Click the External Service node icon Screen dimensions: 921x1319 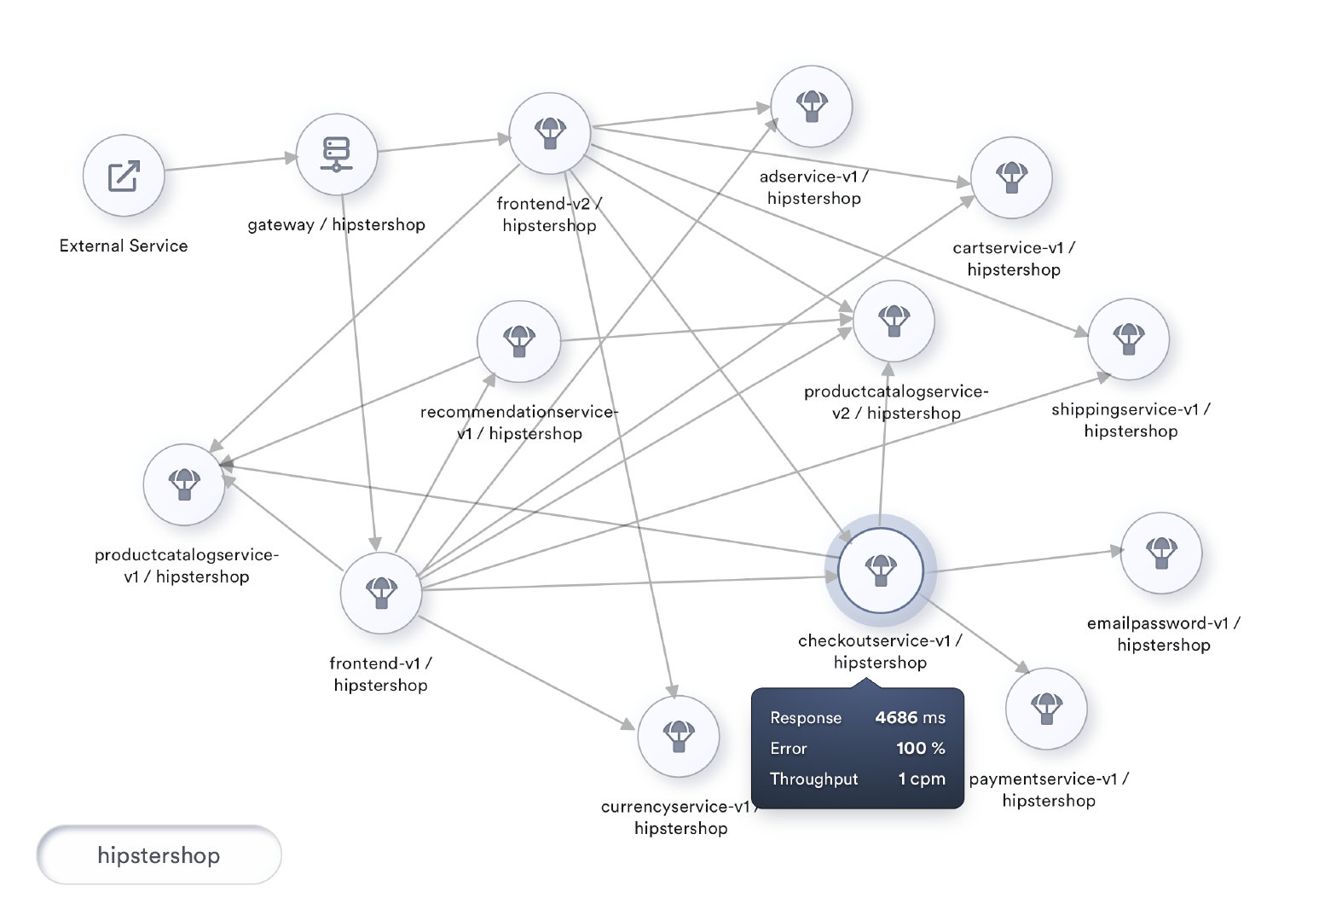pyautogui.click(x=124, y=176)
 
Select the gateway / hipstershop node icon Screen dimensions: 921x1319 pyautogui.click(x=336, y=154)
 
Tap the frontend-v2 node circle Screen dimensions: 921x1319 pyautogui.click(x=550, y=134)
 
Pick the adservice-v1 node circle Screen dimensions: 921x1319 pyautogui.click(x=811, y=107)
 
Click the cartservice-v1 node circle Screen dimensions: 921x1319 pyautogui.click(x=1011, y=177)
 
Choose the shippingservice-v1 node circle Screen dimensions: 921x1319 pyautogui.click(x=1128, y=339)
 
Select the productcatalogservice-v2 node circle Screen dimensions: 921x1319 pyautogui.click(x=894, y=321)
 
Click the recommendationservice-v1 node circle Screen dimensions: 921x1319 pyautogui.click(x=518, y=341)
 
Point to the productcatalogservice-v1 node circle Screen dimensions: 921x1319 pyautogui.click(x=184, y=484)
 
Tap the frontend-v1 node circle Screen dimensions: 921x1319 pyautogui.click(x=381, y=593)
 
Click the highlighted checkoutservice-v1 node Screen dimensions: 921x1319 pyautogui.click(x=880, y=570)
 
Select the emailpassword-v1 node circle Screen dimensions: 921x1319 pyautogui.click(x=1160, y=553)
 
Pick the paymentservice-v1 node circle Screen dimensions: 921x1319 pyautogui.click(x=1046, y=709)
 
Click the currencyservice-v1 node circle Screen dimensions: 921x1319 pyautogui.click(x=679, y=736)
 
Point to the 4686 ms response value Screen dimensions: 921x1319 pyautogui.click(x=910, y=718)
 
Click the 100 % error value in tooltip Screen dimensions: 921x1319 pyautogui.click(x=920, y=749)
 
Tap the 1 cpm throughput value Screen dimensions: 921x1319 pyautogui.click(x=922, y=779)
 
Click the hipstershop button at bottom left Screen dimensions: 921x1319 pyautogui.click(x=159, y=855)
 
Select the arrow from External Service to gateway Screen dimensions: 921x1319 pyautogui.click(x=230, y=163)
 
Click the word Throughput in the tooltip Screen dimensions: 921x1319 pyautogui.click(x=813, y=779)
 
